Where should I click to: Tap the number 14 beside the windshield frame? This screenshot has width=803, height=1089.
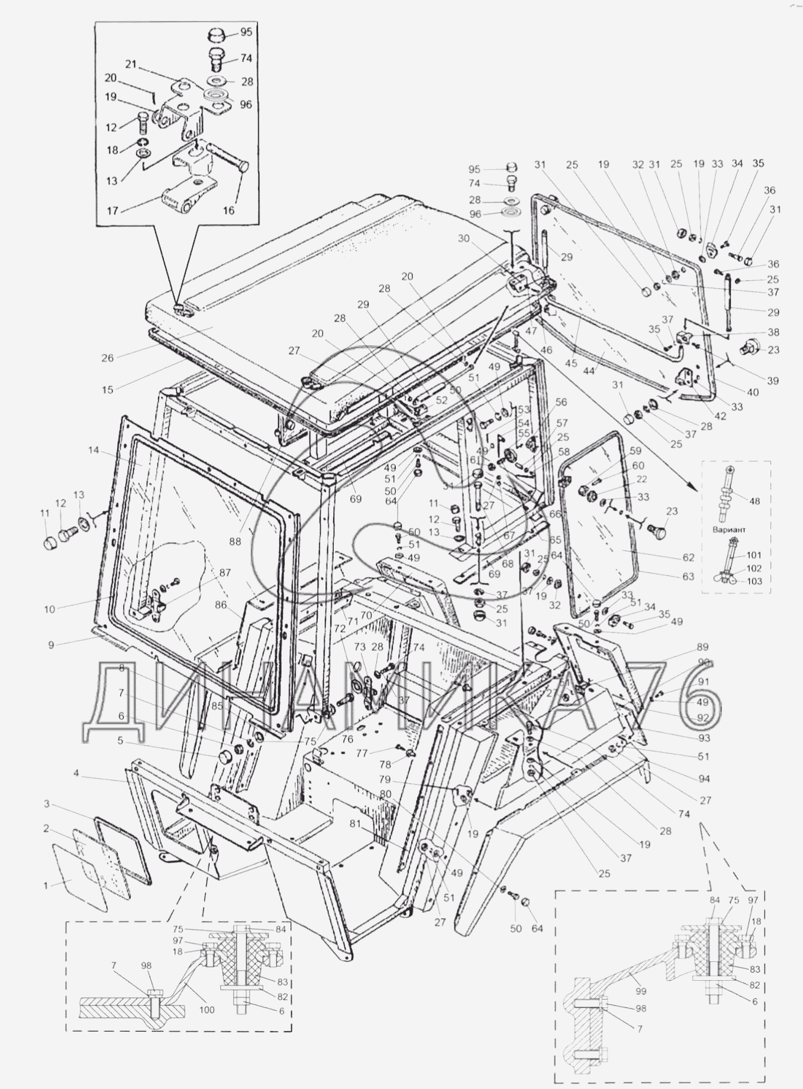pyautogui.click(x=93, y=450)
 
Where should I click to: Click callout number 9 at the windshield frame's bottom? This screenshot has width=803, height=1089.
pyautogui.click(x=51, y=645)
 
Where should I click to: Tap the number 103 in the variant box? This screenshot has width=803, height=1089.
pyautogui.click(x=754, y=581)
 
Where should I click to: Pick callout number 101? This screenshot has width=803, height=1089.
pyautogui.click(x=754, y=555)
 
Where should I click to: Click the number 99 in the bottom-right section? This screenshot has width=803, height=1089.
pyautogui.click(x=641, y=991)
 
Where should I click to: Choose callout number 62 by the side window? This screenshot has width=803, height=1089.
pyautogui.click(x=688, y=557)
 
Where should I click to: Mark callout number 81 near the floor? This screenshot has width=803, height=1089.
pyautogui.click(x=354, y=822)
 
